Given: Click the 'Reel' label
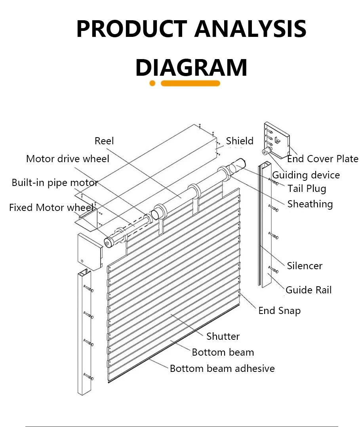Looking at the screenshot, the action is (x=104, y=141).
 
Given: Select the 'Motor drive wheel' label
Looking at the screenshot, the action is (x=67, y=159).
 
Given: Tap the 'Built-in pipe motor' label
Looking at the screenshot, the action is (x=55, y=183).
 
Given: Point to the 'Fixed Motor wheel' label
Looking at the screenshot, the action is (x=51, y=207).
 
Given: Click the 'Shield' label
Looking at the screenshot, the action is (x=240, y=141).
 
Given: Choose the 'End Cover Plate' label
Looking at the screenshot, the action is (x=322, y=159).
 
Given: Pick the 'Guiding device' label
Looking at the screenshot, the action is (x=306, y=175).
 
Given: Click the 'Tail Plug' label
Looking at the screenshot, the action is (x=307, y=188).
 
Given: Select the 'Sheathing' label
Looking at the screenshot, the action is (x=310, y=204).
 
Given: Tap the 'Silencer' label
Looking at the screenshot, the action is (x=305, y=266).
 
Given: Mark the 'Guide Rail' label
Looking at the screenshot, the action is (x=309, y=290).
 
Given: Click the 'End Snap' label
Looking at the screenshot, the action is (x=279, y=310).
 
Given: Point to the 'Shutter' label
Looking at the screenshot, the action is (x=223, y=336).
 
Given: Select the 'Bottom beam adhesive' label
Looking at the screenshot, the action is (x=222, y=368).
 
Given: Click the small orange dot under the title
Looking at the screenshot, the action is (x=152, y=83).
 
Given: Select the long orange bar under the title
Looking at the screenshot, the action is (x=190, y=83).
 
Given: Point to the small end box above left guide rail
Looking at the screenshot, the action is (x=90, y=250).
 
